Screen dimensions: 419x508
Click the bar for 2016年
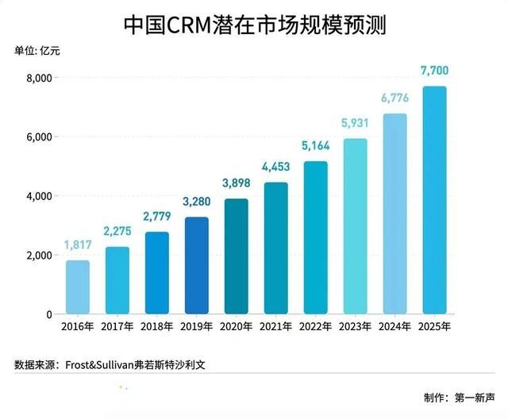click(x=78, y=287)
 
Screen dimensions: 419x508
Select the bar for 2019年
click(x=197, y=266)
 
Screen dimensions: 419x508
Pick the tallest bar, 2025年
click(x=434, y=200)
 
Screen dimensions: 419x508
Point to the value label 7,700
click(x=434, y=72)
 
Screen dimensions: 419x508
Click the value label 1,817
click(x=78, y=246)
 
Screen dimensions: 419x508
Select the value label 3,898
click(x=237, y=184)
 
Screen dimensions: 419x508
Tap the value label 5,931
click(x=355, y=125)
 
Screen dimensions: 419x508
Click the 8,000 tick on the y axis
click(x=38, y=78)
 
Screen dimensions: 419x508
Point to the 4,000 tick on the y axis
click(x=38, y=196)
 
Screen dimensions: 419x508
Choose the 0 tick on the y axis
click(x=48, y=314)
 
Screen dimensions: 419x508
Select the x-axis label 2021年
click(x=276, y=326)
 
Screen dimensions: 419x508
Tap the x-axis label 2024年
click(x=394, y=326)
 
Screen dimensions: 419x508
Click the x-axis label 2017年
click(x=117, y=326)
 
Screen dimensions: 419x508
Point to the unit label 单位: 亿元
click(x=37, y=52)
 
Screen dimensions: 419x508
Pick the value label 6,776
click(x=394, y=99)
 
